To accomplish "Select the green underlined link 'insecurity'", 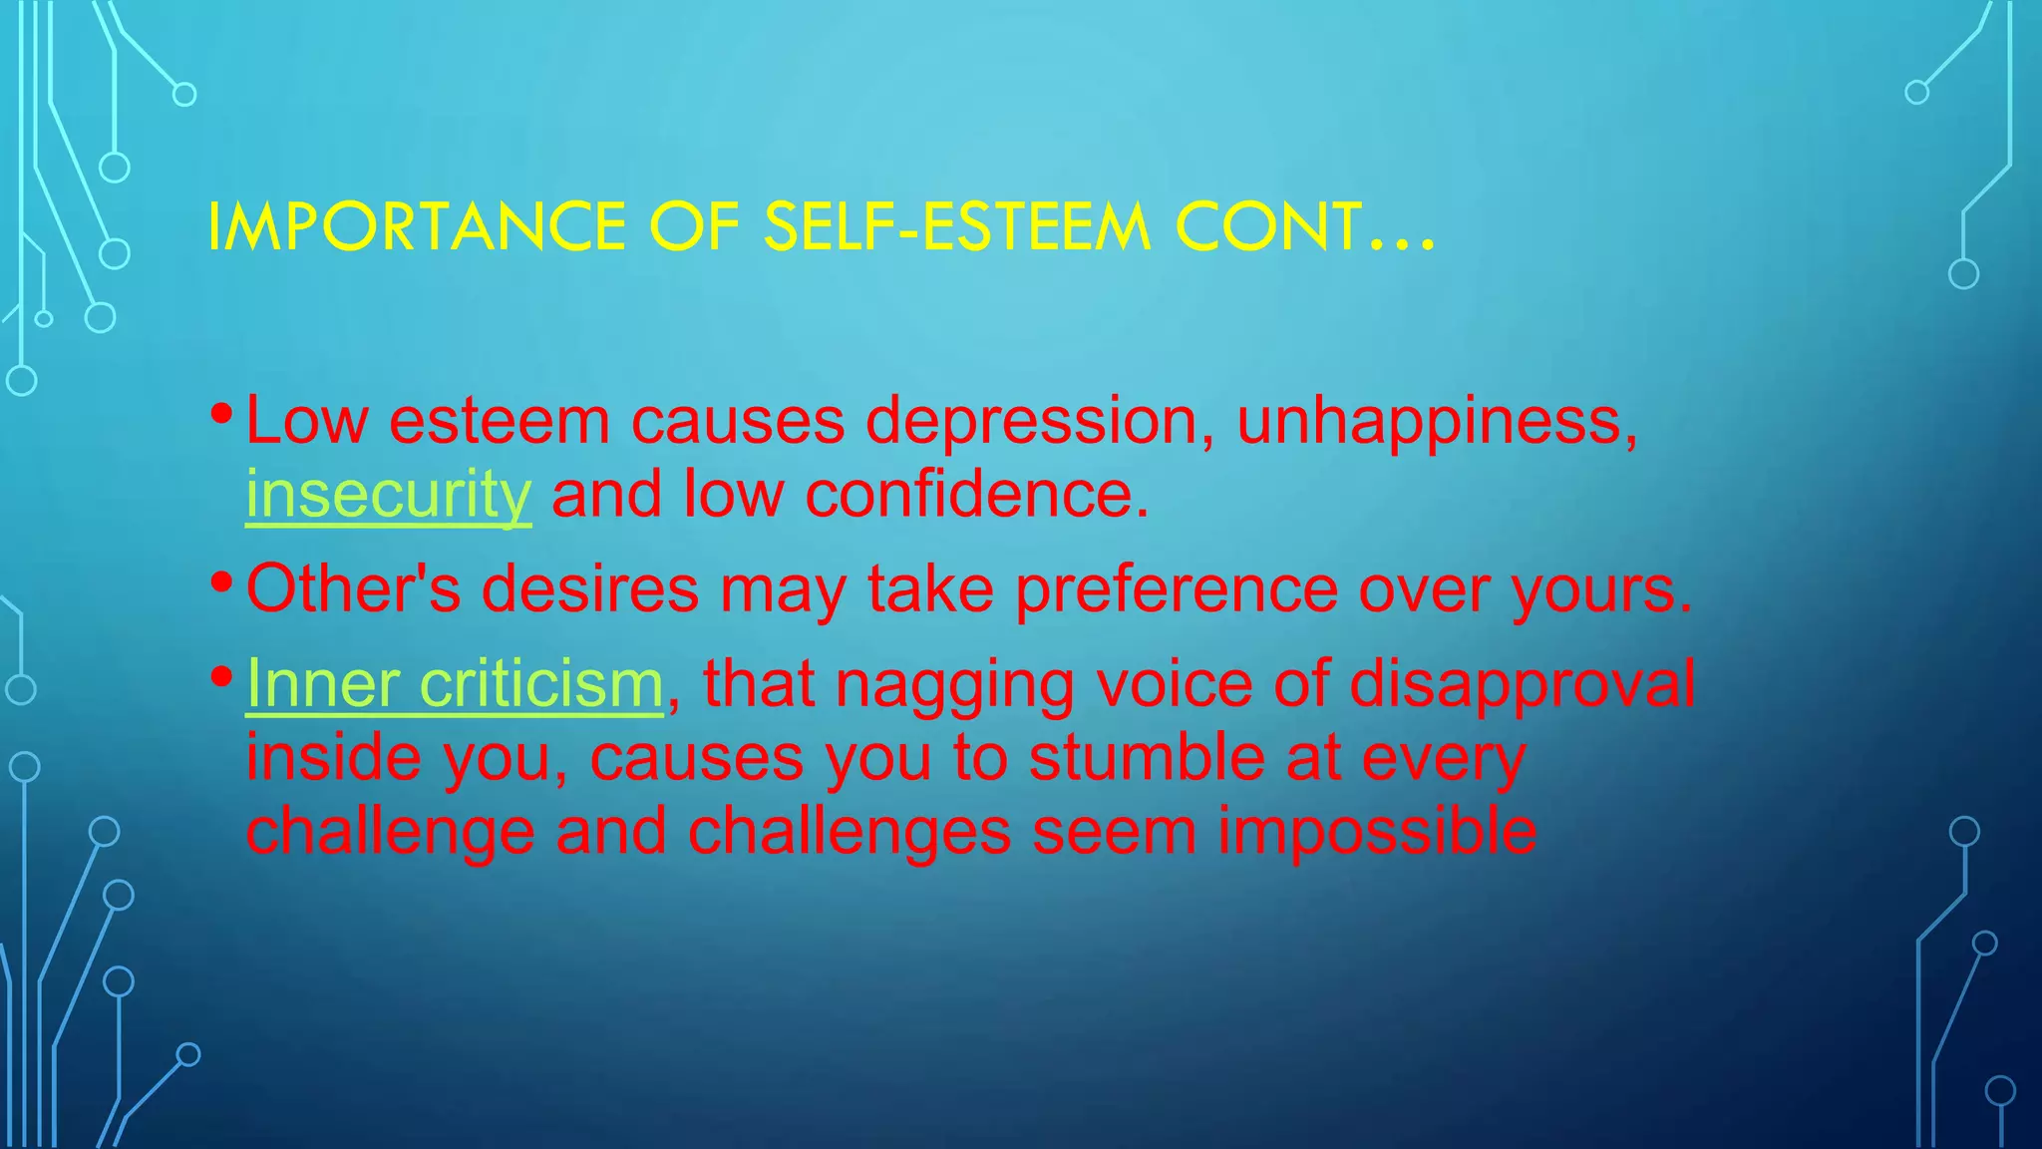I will point(388,494).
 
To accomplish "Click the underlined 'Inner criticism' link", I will point(455,684).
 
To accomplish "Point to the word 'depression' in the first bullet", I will point(1031,421).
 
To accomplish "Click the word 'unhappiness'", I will point(1436,421).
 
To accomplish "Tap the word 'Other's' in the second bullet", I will point(353,588).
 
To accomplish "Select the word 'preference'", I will point(1177,588).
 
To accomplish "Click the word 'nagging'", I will point(954,686).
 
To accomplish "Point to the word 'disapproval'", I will point(1523,684).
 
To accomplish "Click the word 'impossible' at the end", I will point(1376,832).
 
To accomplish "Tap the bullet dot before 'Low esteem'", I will point(222,412).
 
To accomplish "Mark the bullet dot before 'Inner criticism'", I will point(222,676).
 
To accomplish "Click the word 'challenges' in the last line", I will point(850,832).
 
